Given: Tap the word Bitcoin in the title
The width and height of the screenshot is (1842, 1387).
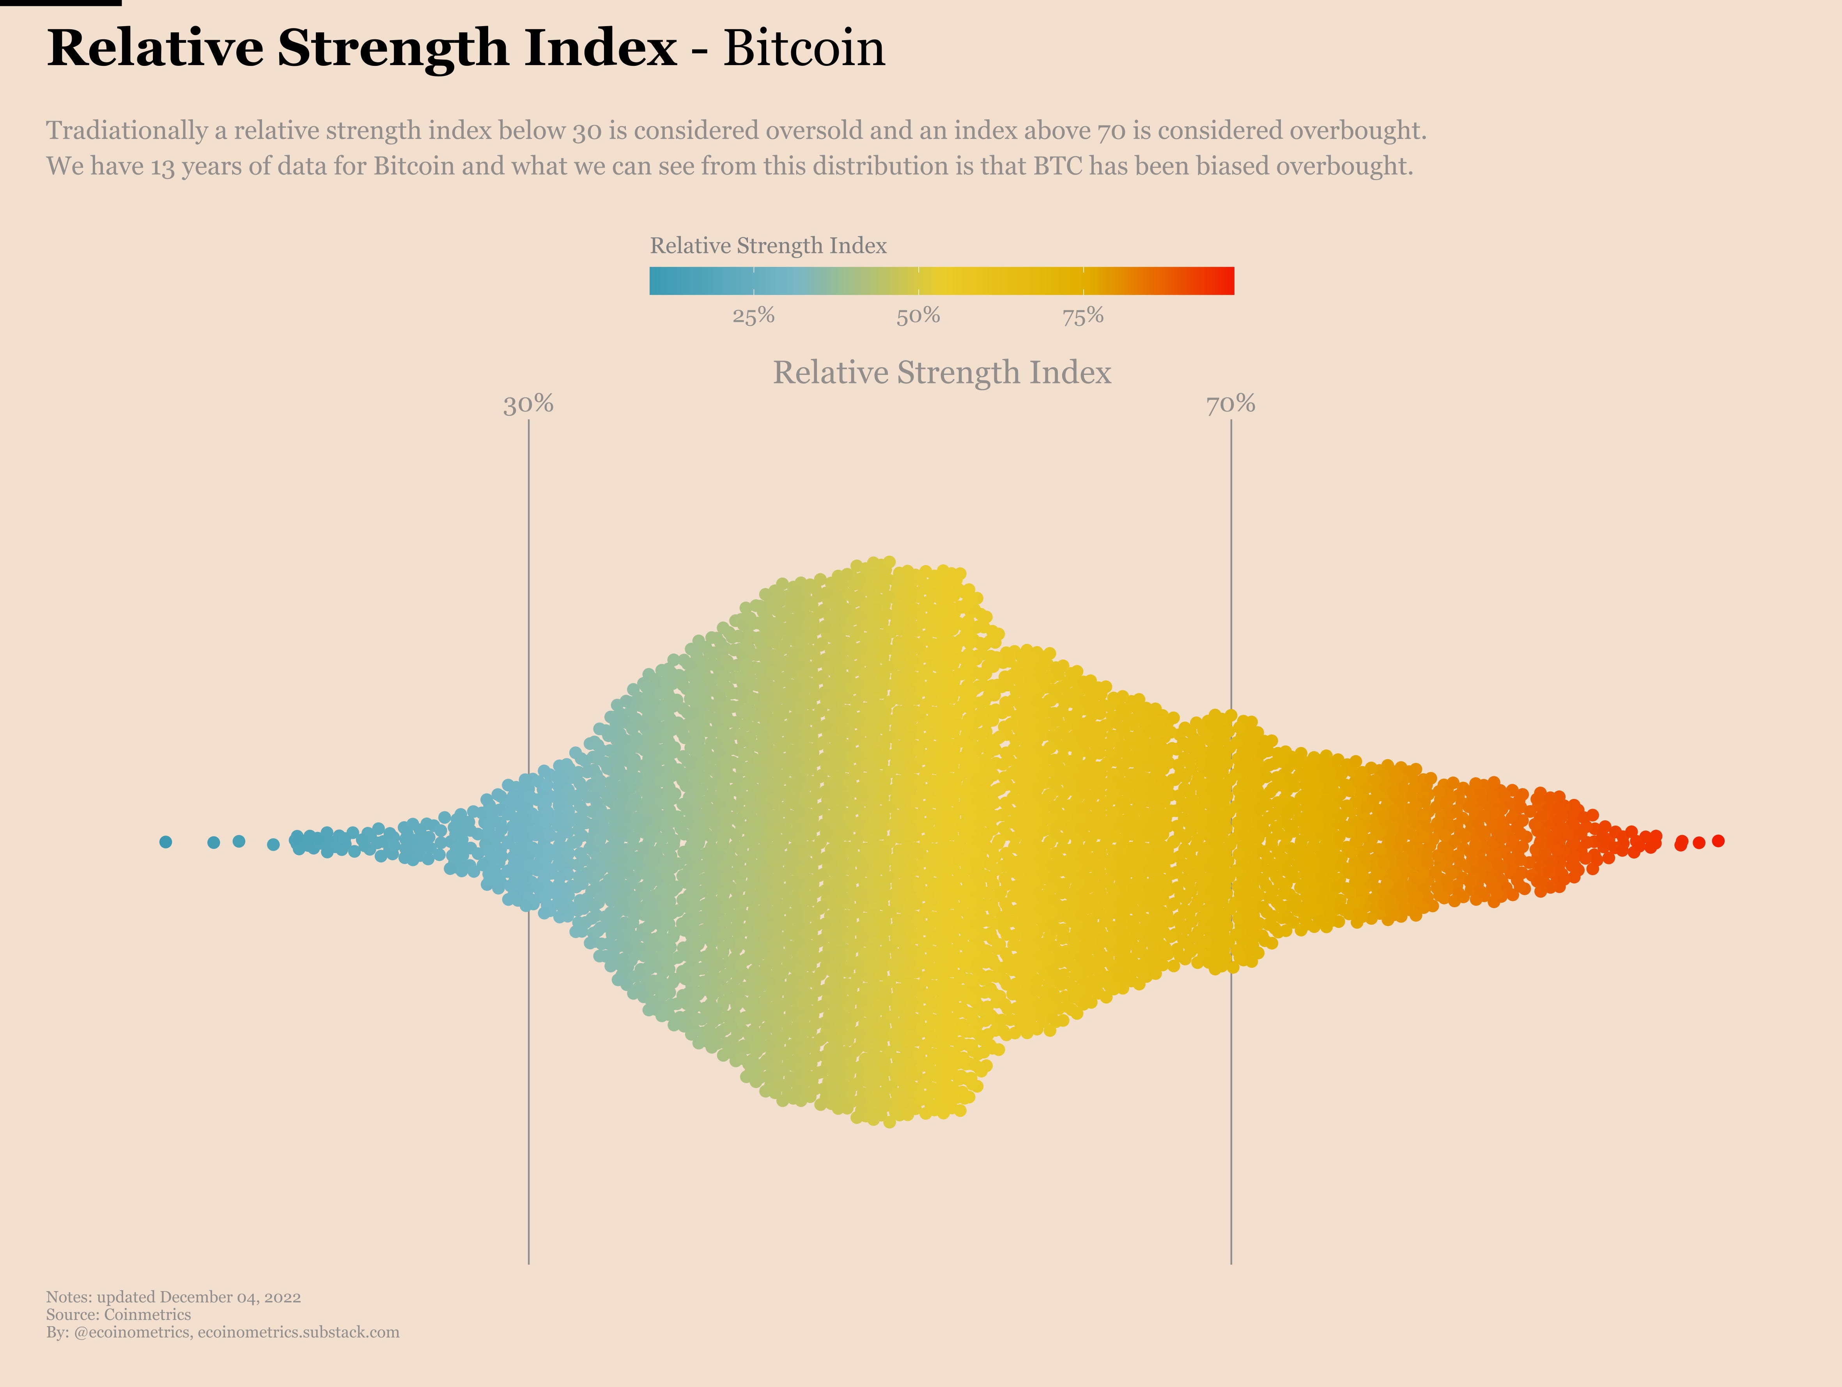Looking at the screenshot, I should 804,48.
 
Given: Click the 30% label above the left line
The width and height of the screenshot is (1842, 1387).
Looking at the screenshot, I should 528,405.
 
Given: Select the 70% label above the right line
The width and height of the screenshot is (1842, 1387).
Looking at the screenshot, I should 1231,405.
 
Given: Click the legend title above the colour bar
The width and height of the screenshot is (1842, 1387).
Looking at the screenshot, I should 768,246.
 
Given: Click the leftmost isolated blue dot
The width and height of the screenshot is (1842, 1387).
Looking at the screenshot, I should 166,842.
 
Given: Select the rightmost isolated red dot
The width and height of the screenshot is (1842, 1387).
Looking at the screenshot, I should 1718,841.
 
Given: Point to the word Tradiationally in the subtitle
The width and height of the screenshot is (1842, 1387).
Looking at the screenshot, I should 127,131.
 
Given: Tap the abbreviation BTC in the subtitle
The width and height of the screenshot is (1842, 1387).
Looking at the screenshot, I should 1057,166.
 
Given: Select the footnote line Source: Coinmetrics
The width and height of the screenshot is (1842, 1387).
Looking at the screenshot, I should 118,1315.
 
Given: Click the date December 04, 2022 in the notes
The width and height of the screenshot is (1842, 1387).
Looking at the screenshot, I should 230,1297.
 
